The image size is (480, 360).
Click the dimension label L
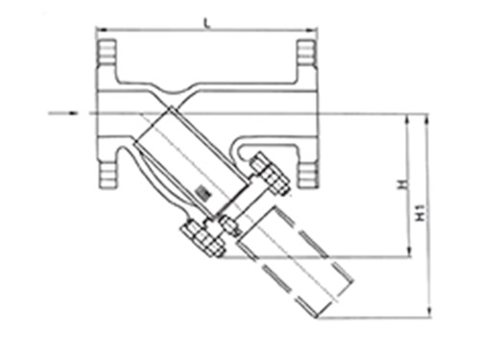207,22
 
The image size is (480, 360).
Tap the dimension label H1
422,212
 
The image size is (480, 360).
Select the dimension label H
403,184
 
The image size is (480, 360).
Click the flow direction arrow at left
63,112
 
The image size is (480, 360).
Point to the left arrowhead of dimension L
101,30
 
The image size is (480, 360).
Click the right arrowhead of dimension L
312,30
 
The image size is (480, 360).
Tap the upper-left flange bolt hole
107,51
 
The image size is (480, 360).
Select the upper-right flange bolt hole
306,52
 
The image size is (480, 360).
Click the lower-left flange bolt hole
108,175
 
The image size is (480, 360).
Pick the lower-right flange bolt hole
307,175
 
